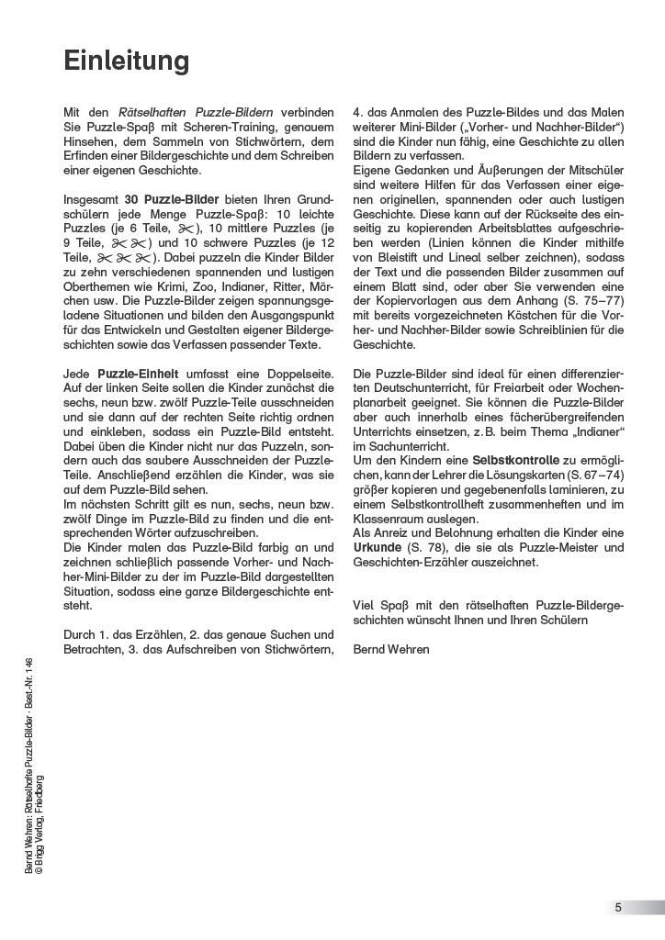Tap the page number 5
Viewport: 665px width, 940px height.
pos(618,908)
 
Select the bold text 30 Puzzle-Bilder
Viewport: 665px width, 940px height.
pos(163,199)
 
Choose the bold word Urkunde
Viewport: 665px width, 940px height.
pos(379,547)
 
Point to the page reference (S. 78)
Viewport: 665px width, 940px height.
pos(432,547)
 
